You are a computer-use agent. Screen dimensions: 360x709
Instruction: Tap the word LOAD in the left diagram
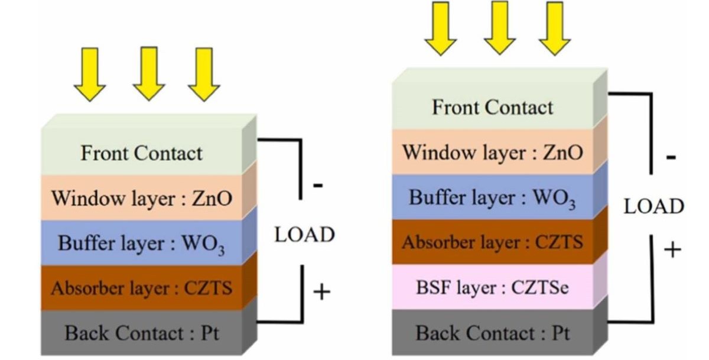[x=304, y=235]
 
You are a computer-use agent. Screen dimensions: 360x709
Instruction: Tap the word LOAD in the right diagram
[x=654, y=207]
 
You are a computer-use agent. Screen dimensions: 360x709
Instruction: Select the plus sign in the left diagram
[x=321, y=291]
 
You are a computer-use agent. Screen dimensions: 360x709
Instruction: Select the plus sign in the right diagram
[x=672, y=249]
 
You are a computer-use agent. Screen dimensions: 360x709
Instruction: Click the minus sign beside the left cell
[x=317, y=186]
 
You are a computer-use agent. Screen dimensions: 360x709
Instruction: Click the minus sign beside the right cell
[x=671, y=158]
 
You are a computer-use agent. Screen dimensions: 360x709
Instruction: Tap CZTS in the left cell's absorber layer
[x=208, y=288]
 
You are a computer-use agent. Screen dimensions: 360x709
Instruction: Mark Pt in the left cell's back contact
[x=208, y=333]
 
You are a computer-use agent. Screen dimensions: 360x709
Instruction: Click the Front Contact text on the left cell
[x=141, y=154]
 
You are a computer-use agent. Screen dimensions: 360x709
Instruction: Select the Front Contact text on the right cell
[x=493, y=108]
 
